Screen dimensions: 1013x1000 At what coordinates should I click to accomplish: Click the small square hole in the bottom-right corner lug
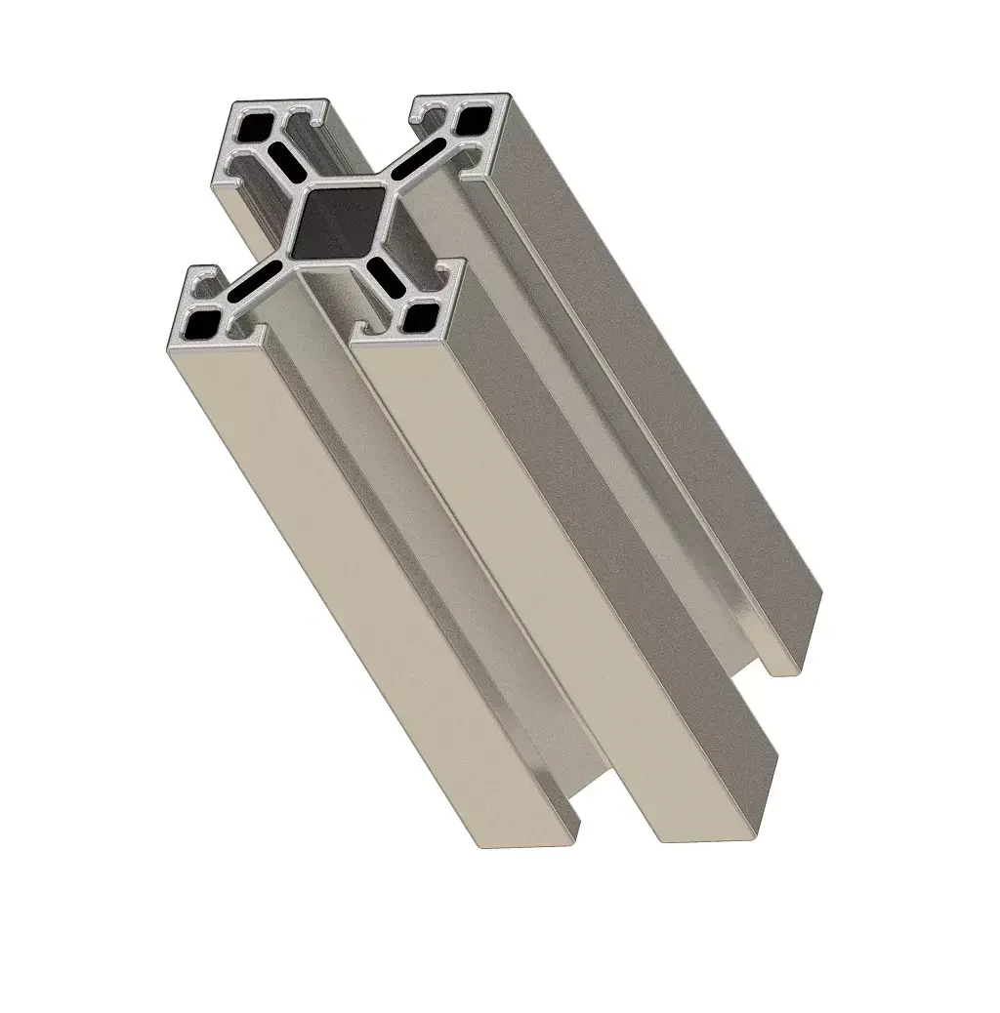click(423, 314)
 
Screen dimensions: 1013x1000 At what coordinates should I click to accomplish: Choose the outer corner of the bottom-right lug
click(459, 263)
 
